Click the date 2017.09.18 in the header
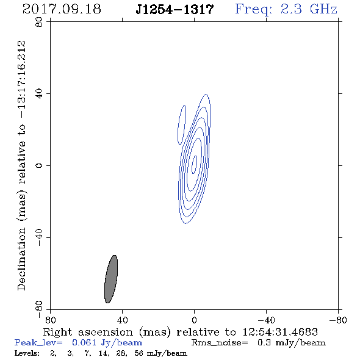pyautogui.click(x=62, y=9)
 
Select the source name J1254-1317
pyautogui.click(x=175, y=10)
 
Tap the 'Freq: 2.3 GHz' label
pyautogui.click(x=286, y=10)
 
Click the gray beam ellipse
pyautogui.click(x=111, y=279)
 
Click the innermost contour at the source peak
pyautogui.click(x=195, y=164)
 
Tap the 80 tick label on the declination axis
pyautogui.click(x=39, y=22)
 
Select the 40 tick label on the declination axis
pyautogui.click(x=39, y=94)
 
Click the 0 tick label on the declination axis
pyautogui.click(x=39, y=165)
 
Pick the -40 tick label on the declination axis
pyautogui.click(x=39, y=237)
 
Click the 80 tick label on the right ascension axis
pyautogui.click(x=50, y=320)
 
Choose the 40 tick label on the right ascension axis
pyautogui.click(x=122, y=320)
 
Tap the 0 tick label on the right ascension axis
pyautogui.click(x=194, y=320)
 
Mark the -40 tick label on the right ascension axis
pyautogui.click(x=266, y=320)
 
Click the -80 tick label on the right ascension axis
pyautogui.click(x=338, y=320)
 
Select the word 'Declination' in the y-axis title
pyautogui.click(x=21, y=259)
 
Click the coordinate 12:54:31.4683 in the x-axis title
pyautogui.click(x=280, y=332)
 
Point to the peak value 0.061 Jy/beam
pyautogui.click(x=107, y=342)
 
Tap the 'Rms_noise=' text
pyautogui.click(x=220, y=343)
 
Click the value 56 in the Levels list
pyautogui.click(x=139, y=353)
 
